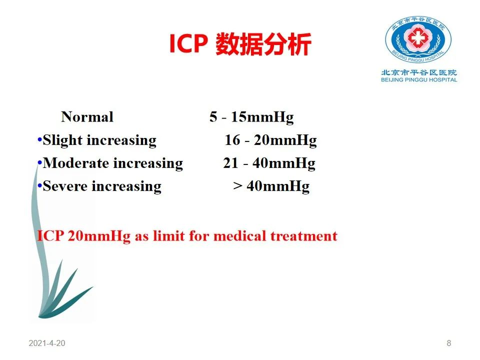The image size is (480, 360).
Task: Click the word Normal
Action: tap(87, 117)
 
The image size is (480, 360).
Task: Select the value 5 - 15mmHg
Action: tap(251, 117)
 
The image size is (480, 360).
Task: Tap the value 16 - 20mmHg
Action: tap(270, 140)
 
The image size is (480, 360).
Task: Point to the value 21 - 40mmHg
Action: tap(269, 163)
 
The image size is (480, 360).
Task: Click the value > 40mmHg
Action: tap(271, 186)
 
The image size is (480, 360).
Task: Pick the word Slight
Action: tap(62, 140)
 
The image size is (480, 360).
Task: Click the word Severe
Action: tap(65, 186)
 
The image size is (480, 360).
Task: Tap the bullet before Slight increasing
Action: tap(39, 140)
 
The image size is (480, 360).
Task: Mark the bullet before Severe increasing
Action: tap(39, 186)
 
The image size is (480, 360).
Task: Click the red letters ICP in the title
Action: tap(188, 43)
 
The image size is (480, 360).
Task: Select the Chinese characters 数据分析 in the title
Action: tap(263, 44)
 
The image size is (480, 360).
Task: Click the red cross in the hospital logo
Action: tap(418, 37)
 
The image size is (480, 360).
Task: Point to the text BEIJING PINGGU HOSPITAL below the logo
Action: tap(419, 80)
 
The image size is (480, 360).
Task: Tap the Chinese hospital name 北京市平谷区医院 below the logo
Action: tap(419, 72)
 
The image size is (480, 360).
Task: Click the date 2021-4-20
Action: tap(47, 343)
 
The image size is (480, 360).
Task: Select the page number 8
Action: tap(449, 343)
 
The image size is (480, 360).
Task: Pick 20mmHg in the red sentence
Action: tap(99, 236)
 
